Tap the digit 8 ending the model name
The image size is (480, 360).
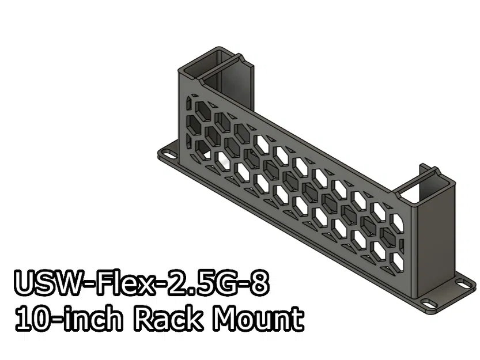[x=258, y=285]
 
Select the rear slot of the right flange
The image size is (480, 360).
[x=462, y=283]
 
